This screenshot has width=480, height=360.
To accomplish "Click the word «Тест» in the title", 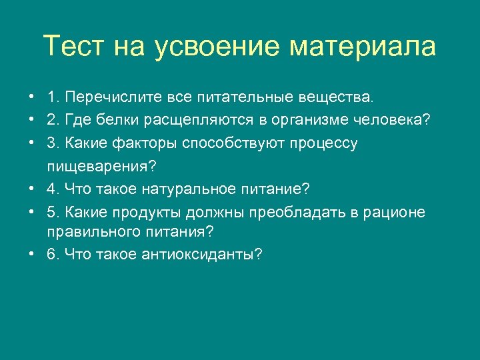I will coord(73,47).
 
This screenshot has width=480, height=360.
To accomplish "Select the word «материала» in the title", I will coord(363,47).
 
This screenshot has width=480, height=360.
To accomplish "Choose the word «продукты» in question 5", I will coord(159,212).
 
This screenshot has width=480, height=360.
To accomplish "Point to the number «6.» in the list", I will coord(54,255).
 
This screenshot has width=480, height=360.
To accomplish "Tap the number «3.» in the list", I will coord(54,143).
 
